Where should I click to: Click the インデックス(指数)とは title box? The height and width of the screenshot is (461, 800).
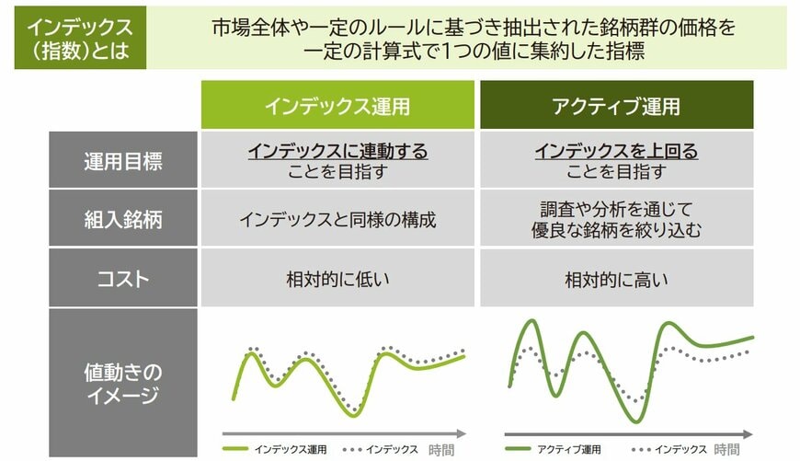click(x=80, y=39)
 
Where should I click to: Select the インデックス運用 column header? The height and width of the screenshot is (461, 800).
click(x=337, y=106)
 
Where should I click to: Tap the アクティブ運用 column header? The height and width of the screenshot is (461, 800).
click(x=616, y=106)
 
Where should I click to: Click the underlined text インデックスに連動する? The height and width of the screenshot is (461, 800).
click(x=337, y=151)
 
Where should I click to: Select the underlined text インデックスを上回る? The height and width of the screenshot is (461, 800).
click(x=616, y=151)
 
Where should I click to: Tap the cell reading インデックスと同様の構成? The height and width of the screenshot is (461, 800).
click(x=337, y=219)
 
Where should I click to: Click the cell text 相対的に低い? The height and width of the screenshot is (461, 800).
click(x=337, y=278)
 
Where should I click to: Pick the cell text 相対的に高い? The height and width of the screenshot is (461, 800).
click(x=616, y=278)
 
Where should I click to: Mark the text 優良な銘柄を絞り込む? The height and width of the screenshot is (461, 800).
click(x=616, y=230)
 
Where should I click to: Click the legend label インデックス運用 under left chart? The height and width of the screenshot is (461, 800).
click(x=291, y=450)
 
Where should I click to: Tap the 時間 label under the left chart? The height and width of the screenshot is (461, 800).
click(x=441, y=450)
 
